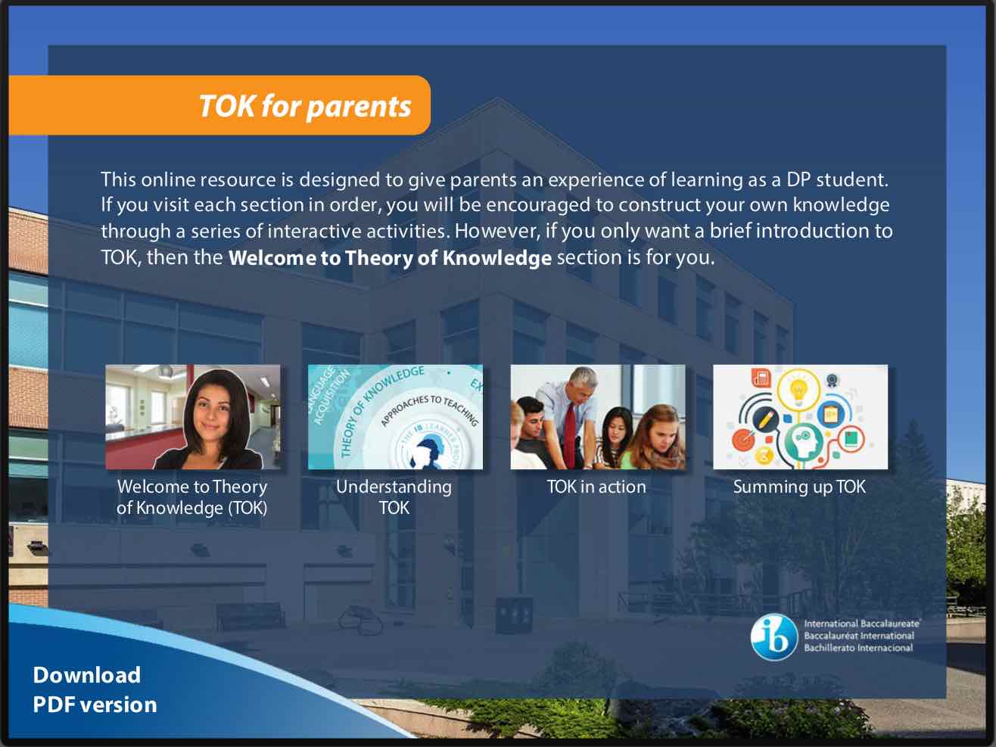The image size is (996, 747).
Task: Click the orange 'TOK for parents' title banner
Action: [x=219, y=105]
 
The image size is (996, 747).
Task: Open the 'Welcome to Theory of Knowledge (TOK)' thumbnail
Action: [x=193, y=417]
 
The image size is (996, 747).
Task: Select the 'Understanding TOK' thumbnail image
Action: [x=395, y=417]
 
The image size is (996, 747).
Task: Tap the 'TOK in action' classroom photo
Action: [x=598, y=417]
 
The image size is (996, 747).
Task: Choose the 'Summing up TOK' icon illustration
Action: [x=801, y=417]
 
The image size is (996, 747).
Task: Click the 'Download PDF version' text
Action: [x=95, y=689]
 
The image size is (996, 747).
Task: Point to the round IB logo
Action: [x=774, y=637]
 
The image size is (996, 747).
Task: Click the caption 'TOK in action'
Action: [x=596, y=487]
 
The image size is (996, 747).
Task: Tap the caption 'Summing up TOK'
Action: [x=799, y=487]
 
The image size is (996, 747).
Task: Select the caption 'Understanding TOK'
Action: [x=394, y=497]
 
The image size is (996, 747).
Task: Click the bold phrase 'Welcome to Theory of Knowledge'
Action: [x=391, y=258]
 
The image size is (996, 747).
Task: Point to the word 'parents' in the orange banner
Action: [x=359, y=107]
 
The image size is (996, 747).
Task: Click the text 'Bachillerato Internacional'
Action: [x=858, y=648]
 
